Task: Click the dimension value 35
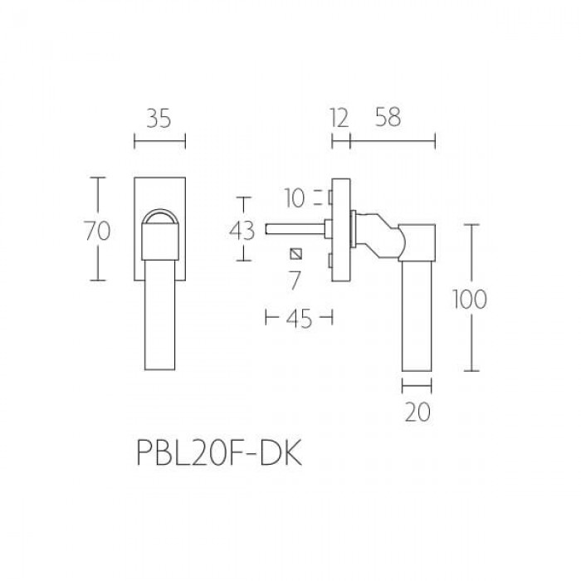(159, 119)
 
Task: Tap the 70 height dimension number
(97, 231)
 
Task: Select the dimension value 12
(339, 119)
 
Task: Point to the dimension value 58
(388, 118)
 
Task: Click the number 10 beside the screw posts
(295, 198)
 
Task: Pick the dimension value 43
(242, 231)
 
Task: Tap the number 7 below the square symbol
(295, 281)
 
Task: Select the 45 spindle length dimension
(299, 319)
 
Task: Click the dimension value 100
(470, 300)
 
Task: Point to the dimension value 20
(417, 412)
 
